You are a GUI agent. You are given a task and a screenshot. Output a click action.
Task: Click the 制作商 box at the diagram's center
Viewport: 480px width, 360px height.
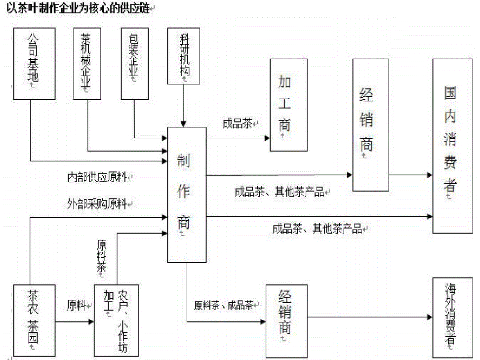(x=187, y=195)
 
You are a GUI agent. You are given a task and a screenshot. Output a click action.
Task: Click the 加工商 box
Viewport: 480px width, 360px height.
(x=288, y=105)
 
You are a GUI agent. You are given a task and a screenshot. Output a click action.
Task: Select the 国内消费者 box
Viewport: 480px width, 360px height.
(x=449, y=146)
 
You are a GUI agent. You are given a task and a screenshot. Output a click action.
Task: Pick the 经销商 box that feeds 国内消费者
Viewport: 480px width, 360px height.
(x=370, y=124)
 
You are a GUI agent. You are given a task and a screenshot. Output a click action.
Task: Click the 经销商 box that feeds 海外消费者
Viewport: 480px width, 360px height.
(x=285, y=320)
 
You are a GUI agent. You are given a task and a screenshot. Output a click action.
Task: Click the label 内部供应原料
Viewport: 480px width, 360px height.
(x=100, y=177)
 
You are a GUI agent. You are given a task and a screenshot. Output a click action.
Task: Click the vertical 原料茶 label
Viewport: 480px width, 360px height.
(x=102, y=256)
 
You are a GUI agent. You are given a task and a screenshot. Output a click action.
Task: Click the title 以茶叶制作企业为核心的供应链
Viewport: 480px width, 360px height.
(x=78, y=9)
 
